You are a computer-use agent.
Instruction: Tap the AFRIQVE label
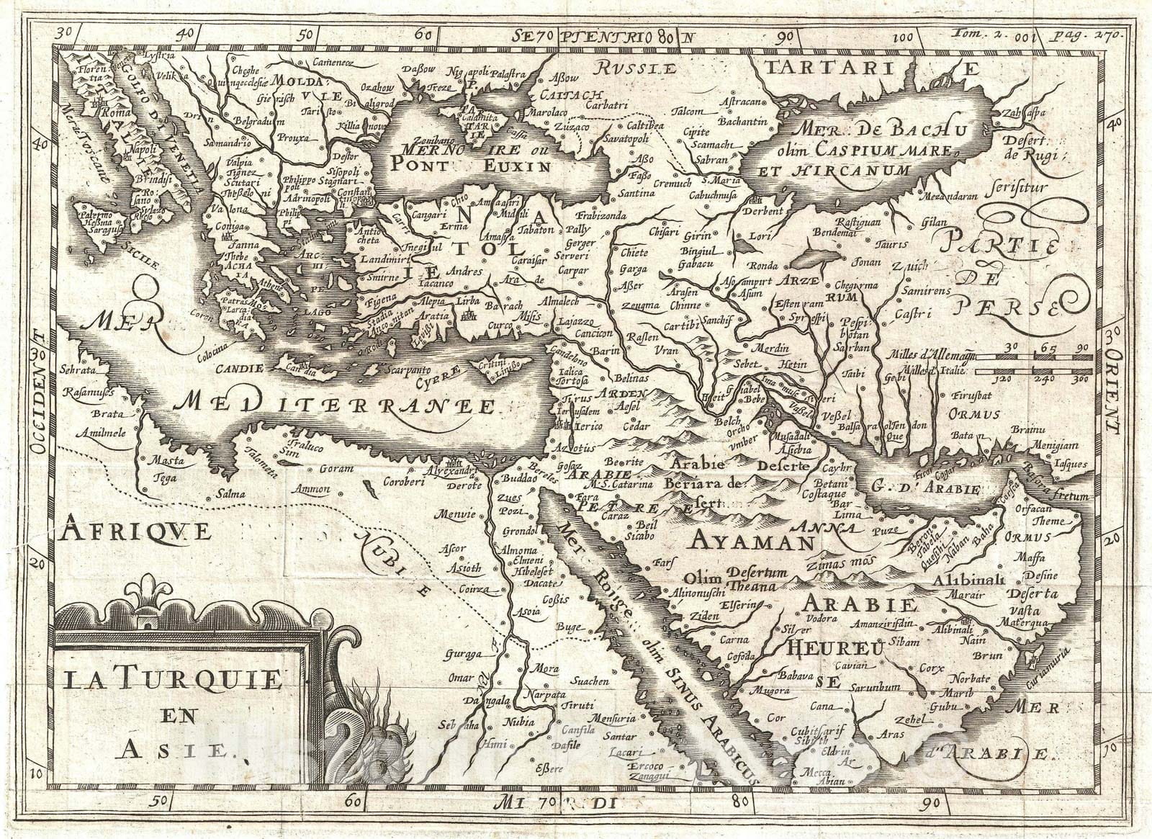pos(137,531)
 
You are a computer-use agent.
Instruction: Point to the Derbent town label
pos(765,211)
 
